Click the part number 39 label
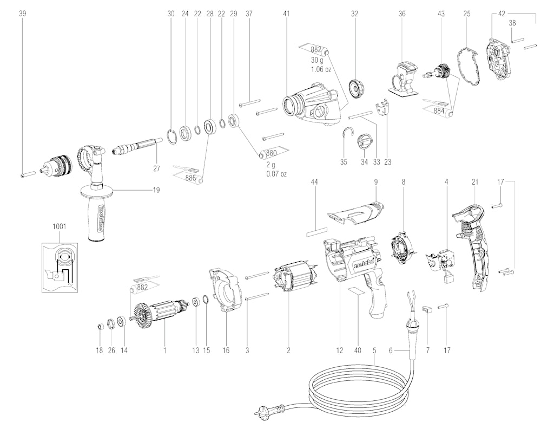click(x=22, y=14)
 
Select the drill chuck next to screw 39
click(x=57, y=164)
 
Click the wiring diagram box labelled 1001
click(x=59, y=268)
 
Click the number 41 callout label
click(x=286, y=14)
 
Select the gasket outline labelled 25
click(x=469, y=67)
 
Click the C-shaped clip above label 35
click(x=348, y=136)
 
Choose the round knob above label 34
click(x=365, y=142)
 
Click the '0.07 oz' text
click(x=276, y=174)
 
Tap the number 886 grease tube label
click(x=191, y=178)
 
